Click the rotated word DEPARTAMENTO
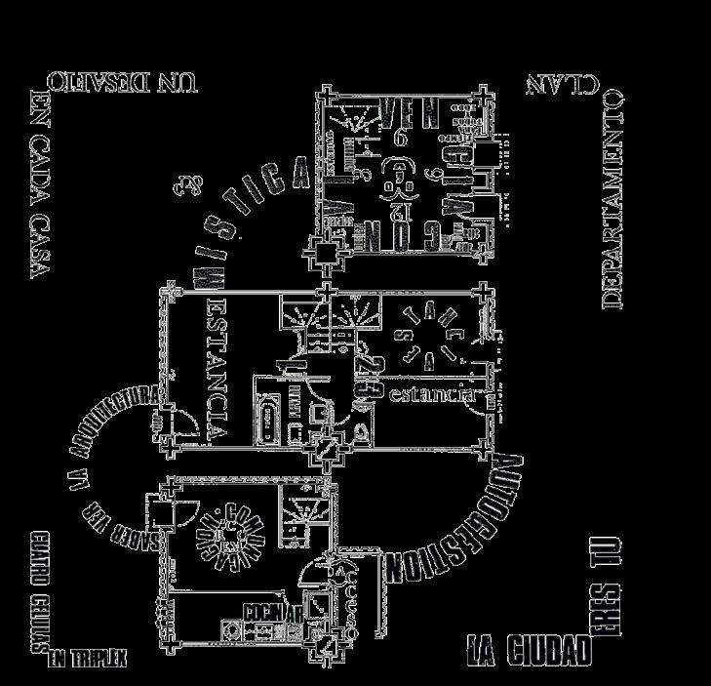click(x=612, y=200)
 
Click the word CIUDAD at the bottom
click(x=545, y=651)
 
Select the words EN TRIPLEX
click(x=89, y=660)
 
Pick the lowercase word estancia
click(x=430, y=395)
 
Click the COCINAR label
click(x=264, y=612)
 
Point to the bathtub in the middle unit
click(x=265, y=418)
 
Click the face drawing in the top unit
click(x=398, y=178)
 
